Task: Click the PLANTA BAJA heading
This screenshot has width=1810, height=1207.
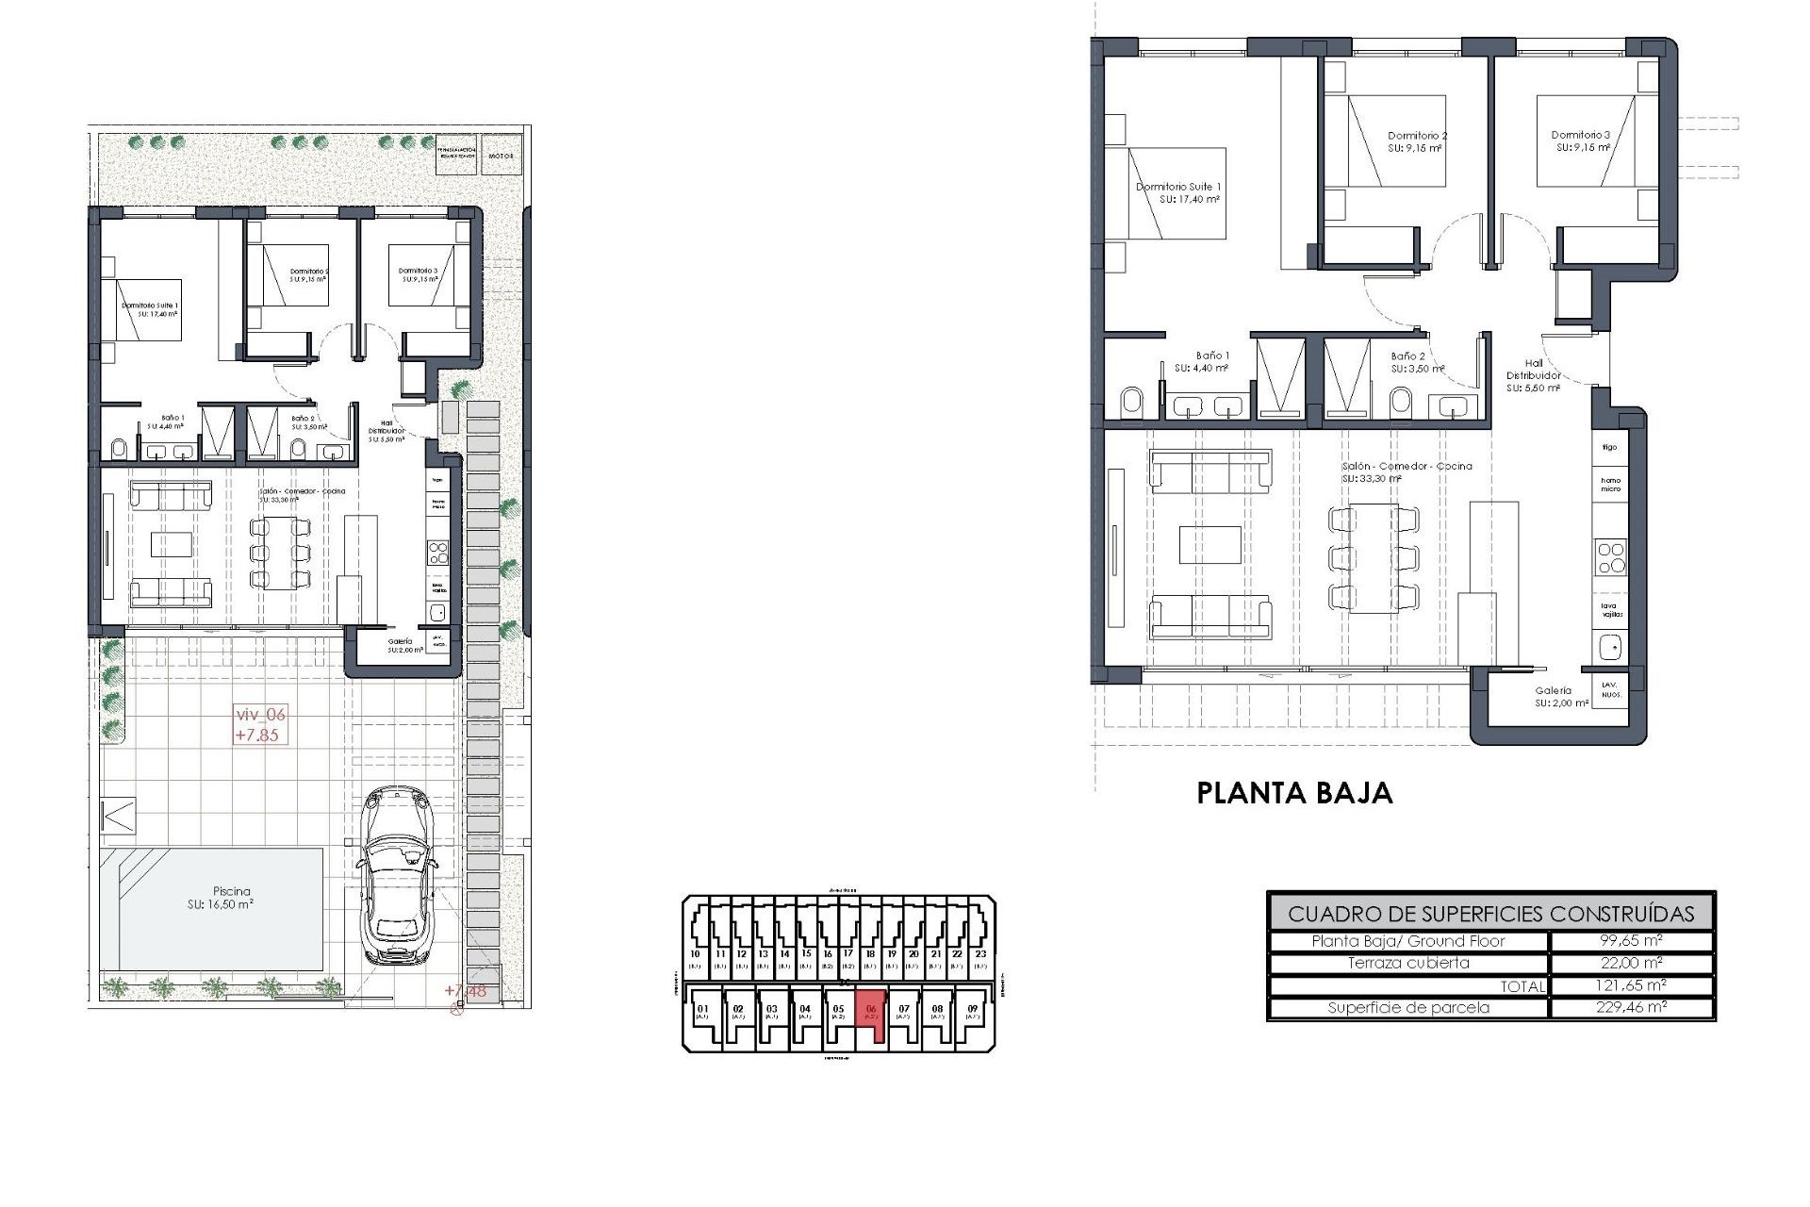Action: [x=1294, y=793]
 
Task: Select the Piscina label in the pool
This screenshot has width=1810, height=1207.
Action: [x=231, y=891]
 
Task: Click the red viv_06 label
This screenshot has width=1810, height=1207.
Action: [x=259, y=715]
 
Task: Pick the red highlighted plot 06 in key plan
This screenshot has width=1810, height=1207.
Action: [x=871, y=1014]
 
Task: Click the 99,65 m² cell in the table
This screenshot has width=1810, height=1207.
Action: [x=1631, y=941]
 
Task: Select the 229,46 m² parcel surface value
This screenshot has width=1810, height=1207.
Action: [x=1631, y=1007]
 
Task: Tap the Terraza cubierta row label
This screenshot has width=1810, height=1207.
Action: [x=1408, y=963]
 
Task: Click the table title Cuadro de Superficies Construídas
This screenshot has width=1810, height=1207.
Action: [x=1490, y=914]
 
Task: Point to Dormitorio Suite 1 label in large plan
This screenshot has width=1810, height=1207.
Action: [x=1177, y=187]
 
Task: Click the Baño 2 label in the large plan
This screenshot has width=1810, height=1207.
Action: [x=1407, y=356]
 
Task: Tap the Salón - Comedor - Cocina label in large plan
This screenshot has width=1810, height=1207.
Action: [x=1407, y=466]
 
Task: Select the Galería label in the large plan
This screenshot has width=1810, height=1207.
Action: [x=1552, y=690]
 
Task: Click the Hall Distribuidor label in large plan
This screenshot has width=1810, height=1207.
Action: [x=1534, y=369]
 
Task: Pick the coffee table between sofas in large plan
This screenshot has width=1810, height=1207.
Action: [x=1210, y=545]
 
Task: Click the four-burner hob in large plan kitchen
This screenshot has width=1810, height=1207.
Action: [x=1610, y=557]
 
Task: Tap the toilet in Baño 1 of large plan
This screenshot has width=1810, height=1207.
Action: [x=1131, y=404]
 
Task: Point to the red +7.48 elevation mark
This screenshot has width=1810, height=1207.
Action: [x=466, y=991]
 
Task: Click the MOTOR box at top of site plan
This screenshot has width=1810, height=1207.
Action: [x=500, y=156]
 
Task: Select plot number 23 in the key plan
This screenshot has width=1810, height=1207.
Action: [x=979, y=954]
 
